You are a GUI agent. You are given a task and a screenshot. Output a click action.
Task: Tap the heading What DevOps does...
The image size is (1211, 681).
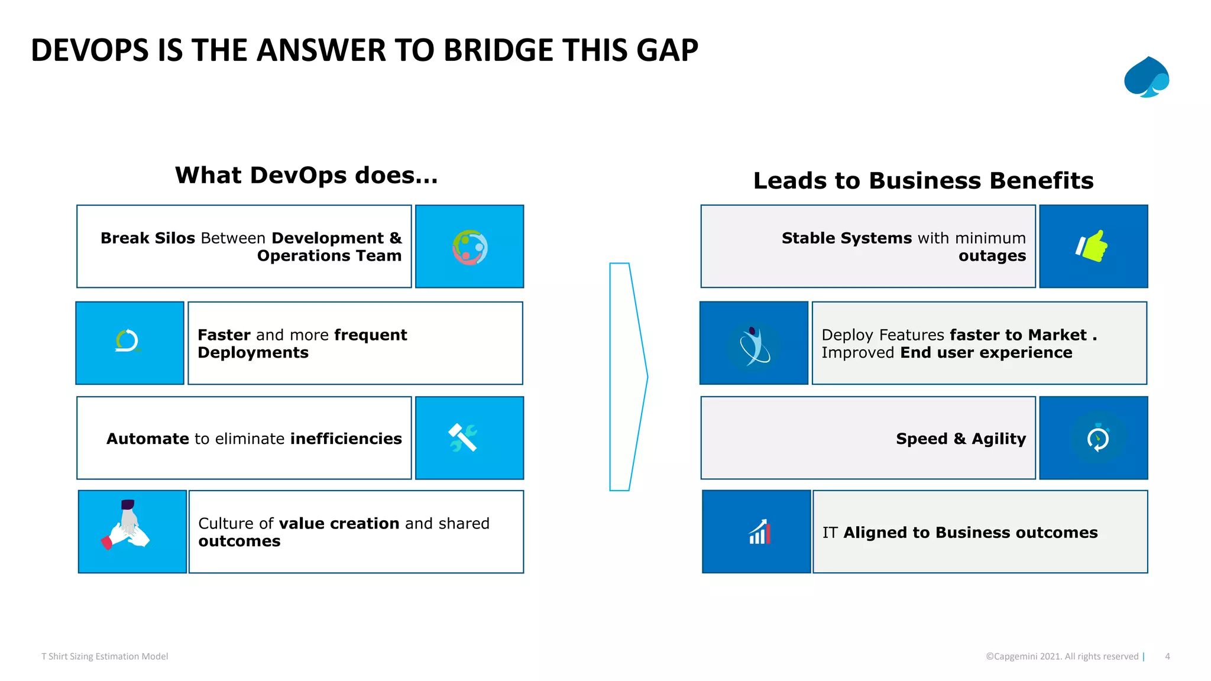[x=306, y=176]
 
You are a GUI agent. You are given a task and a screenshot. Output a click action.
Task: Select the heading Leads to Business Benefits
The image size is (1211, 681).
[x=923, y=181]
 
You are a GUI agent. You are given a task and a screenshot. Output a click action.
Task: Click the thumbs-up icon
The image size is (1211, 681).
[x=1092, y=246]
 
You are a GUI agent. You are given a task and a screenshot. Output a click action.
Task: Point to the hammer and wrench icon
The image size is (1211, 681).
[x=463, y=438]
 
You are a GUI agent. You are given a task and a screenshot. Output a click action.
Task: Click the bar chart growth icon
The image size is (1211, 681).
[x=760, y=532]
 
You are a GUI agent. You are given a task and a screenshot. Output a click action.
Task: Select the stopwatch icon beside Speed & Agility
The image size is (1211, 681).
[x=1097, y=438]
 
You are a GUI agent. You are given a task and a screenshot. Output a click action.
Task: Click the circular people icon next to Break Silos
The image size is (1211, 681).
[x=470, y=247]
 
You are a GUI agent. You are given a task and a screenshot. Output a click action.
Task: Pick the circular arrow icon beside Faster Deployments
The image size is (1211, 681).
[x=127, y=341]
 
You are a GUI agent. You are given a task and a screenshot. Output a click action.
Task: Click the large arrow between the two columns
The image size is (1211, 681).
[x=627, y=377]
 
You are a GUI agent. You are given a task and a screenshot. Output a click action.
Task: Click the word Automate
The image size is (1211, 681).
[x=148, y=439]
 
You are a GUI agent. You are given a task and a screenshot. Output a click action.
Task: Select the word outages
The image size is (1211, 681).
[x=992, y=257]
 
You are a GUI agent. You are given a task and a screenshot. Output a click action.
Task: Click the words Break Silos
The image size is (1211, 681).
[x=147, y=238]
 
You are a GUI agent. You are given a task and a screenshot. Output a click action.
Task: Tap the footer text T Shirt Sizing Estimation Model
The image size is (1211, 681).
[x=105, y=656]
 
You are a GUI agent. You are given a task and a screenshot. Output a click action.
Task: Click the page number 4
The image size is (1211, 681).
[x=1167, y=656]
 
